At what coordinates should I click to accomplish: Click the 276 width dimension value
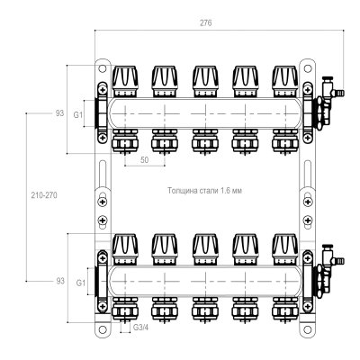[206, 23]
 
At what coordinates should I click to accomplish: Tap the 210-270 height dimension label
[44, 195]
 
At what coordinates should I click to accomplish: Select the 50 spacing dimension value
[145, 160]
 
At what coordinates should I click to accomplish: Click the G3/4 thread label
[140, 328]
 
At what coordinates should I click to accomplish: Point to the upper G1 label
[78, 114]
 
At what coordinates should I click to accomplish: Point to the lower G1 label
[81, 283]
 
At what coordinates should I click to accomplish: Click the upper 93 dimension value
[59, 113]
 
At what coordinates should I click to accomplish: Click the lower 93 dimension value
[60, 281]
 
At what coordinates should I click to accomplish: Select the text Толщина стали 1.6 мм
[205, 191]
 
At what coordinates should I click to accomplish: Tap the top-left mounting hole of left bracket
[103, 68]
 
